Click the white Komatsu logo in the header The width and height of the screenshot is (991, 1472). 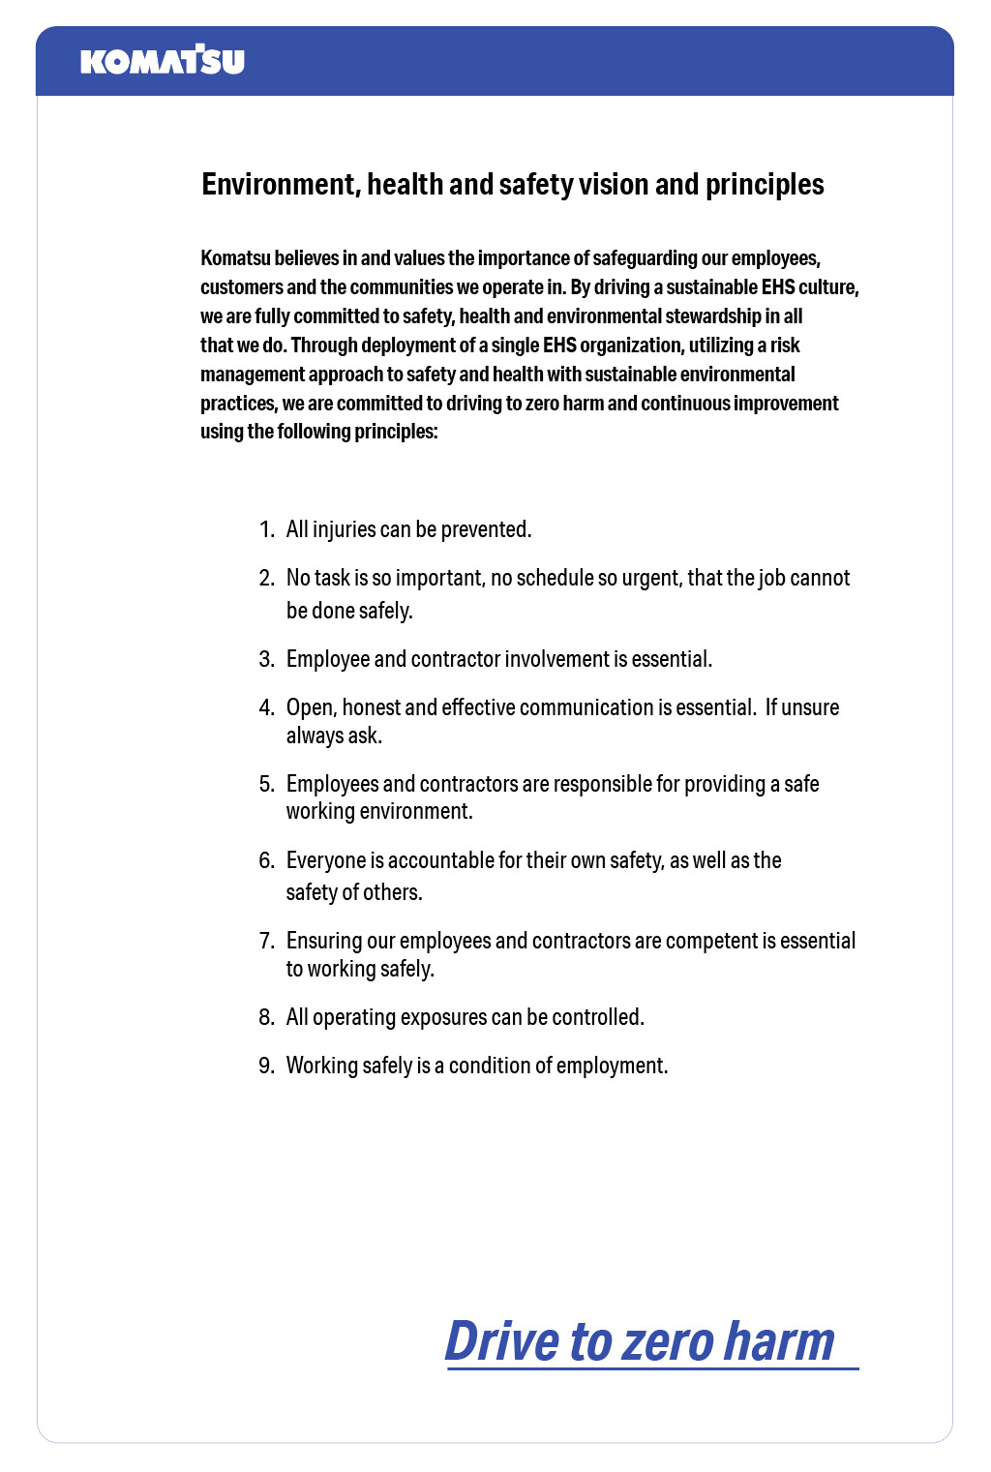163,60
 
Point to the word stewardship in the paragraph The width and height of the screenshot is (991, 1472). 712,316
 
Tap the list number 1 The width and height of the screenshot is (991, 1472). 266,530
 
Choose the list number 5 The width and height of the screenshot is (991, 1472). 266,784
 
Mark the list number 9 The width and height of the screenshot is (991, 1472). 266,1066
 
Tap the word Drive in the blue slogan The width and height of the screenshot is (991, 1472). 502,1341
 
